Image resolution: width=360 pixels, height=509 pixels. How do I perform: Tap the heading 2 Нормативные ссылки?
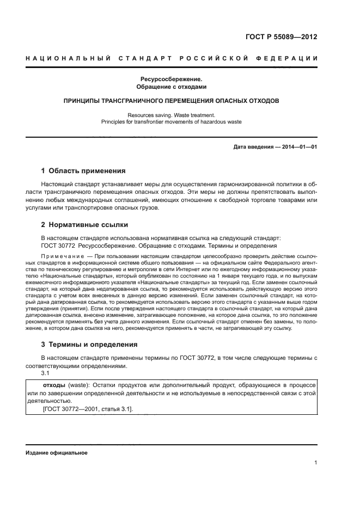pos(86,224)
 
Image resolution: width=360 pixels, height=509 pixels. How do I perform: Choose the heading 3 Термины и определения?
pos(90,345)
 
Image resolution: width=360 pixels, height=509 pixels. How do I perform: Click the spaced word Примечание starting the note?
pos(60,256)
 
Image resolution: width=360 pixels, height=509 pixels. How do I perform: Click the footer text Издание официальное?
pos(57,453)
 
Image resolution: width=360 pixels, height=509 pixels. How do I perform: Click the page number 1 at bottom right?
pos(315,463)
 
